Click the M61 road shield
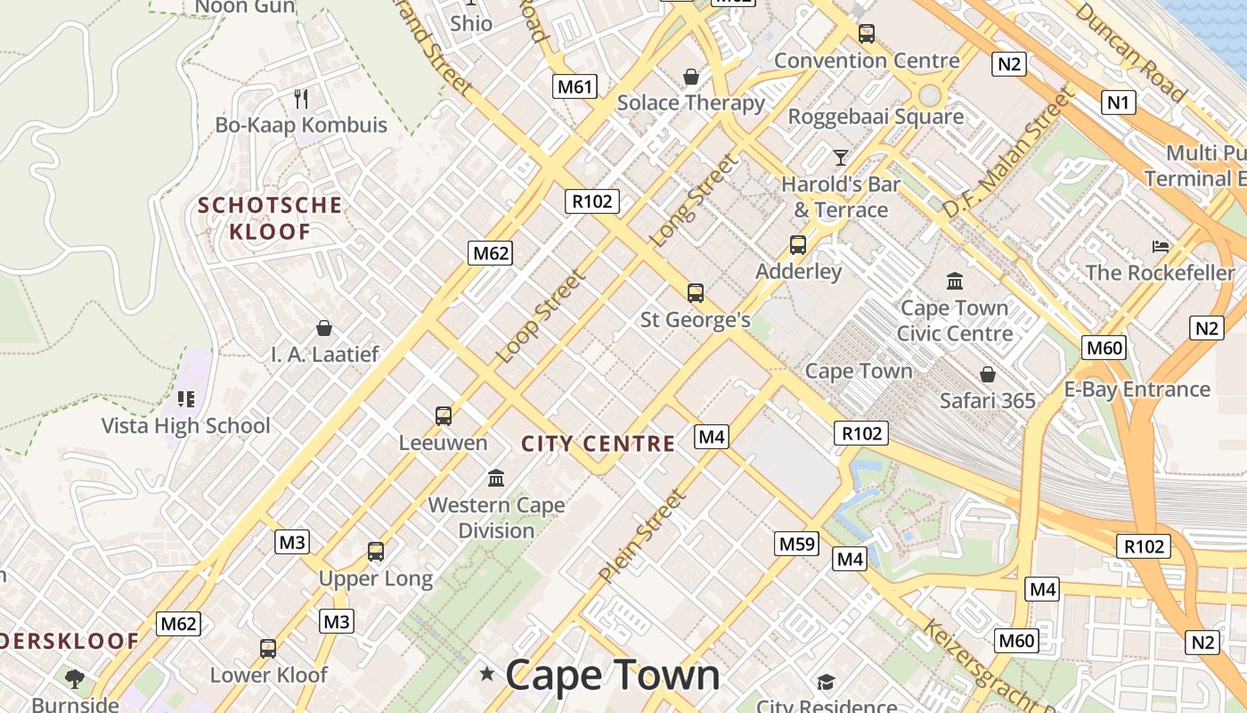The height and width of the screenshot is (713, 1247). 575,86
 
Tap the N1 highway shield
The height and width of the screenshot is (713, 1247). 1118,102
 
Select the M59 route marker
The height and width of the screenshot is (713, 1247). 796,543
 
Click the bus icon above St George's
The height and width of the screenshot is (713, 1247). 696,292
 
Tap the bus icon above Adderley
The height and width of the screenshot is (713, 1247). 798,245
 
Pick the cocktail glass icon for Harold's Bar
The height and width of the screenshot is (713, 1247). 840,158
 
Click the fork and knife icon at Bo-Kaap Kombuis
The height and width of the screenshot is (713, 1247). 301,98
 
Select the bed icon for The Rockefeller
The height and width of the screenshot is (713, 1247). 1160,246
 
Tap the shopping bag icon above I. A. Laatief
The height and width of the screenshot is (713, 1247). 324,328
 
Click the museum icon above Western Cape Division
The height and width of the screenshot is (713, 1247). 496,479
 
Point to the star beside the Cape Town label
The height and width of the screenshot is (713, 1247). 486,674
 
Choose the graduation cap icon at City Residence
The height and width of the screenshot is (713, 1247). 826,683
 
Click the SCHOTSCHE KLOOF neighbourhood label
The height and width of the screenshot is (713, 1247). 270,218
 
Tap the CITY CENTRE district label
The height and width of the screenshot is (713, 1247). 598,444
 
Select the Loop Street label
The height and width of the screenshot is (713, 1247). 541,316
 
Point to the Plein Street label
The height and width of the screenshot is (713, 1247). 642,536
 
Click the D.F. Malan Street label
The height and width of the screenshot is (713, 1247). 1009,152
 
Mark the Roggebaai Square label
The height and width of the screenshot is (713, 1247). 876,117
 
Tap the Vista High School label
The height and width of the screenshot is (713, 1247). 185,425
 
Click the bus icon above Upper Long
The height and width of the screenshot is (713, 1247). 376,552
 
